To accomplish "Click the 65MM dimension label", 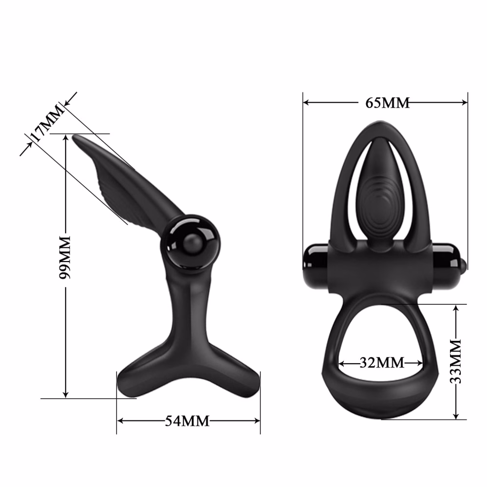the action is pos(387,102).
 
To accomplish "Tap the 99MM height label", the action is pos(65,258).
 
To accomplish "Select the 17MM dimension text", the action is pos(47,124).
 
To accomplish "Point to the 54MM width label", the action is pos(187,421).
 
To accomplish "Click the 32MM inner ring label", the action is pos(382,362).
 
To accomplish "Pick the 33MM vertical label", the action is pos(456,361).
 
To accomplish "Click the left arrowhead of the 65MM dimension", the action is pos(306,102).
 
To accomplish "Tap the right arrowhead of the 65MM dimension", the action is pos(465,102).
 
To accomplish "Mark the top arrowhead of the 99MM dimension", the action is pos(66,138).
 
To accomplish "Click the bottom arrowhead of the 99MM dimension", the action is pos(66,394).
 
